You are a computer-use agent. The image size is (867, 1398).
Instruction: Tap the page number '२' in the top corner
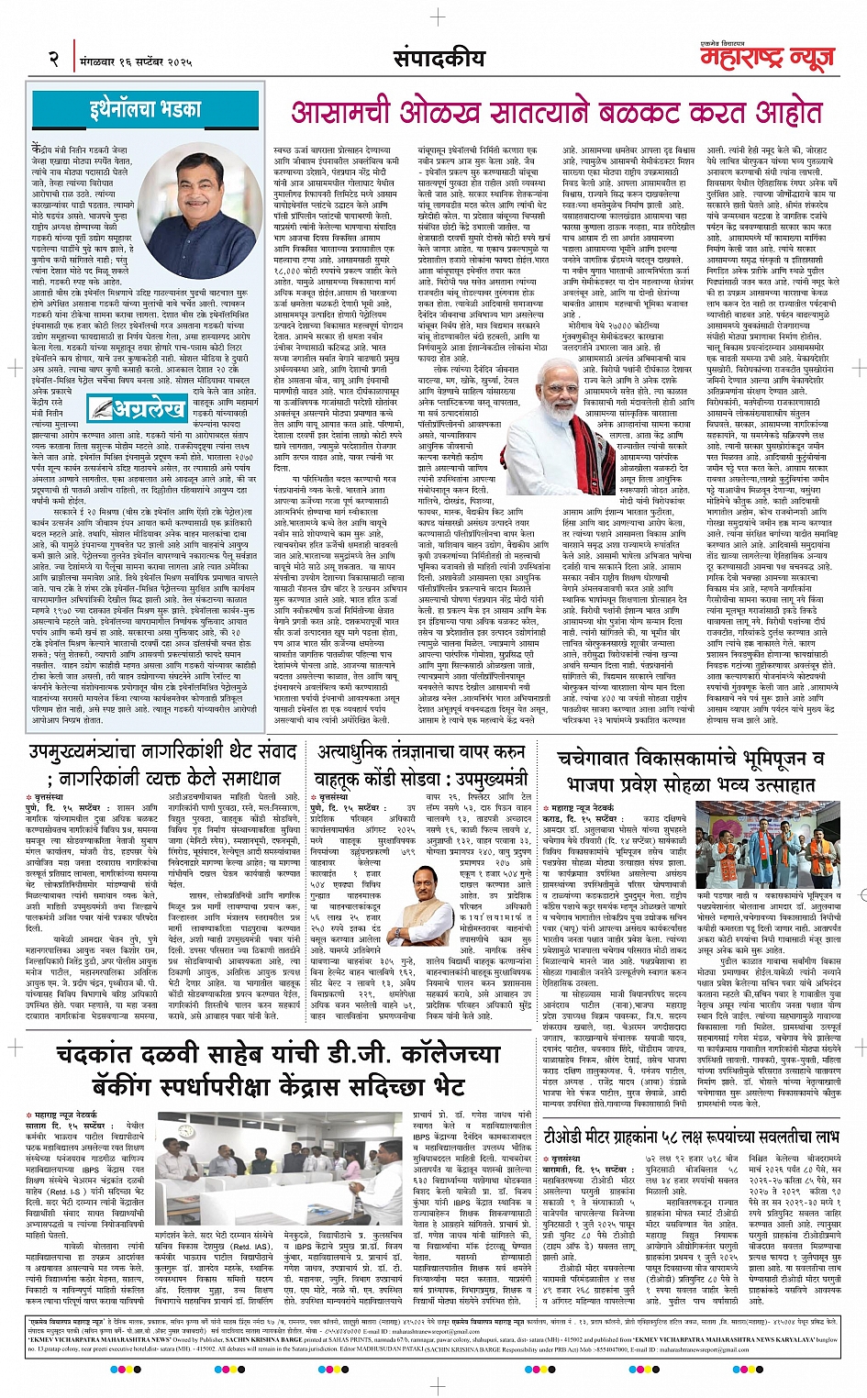click(x=54, y=59)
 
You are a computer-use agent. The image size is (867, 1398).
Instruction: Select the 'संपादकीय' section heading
click(x=439, y=58)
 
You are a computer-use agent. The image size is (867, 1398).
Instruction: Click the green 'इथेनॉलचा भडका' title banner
click(x=146, y=109)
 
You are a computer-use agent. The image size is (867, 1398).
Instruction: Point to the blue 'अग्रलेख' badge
click(x=138, y=406)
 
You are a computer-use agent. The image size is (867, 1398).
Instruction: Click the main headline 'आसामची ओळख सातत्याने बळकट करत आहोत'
click(x=558, y=112)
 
